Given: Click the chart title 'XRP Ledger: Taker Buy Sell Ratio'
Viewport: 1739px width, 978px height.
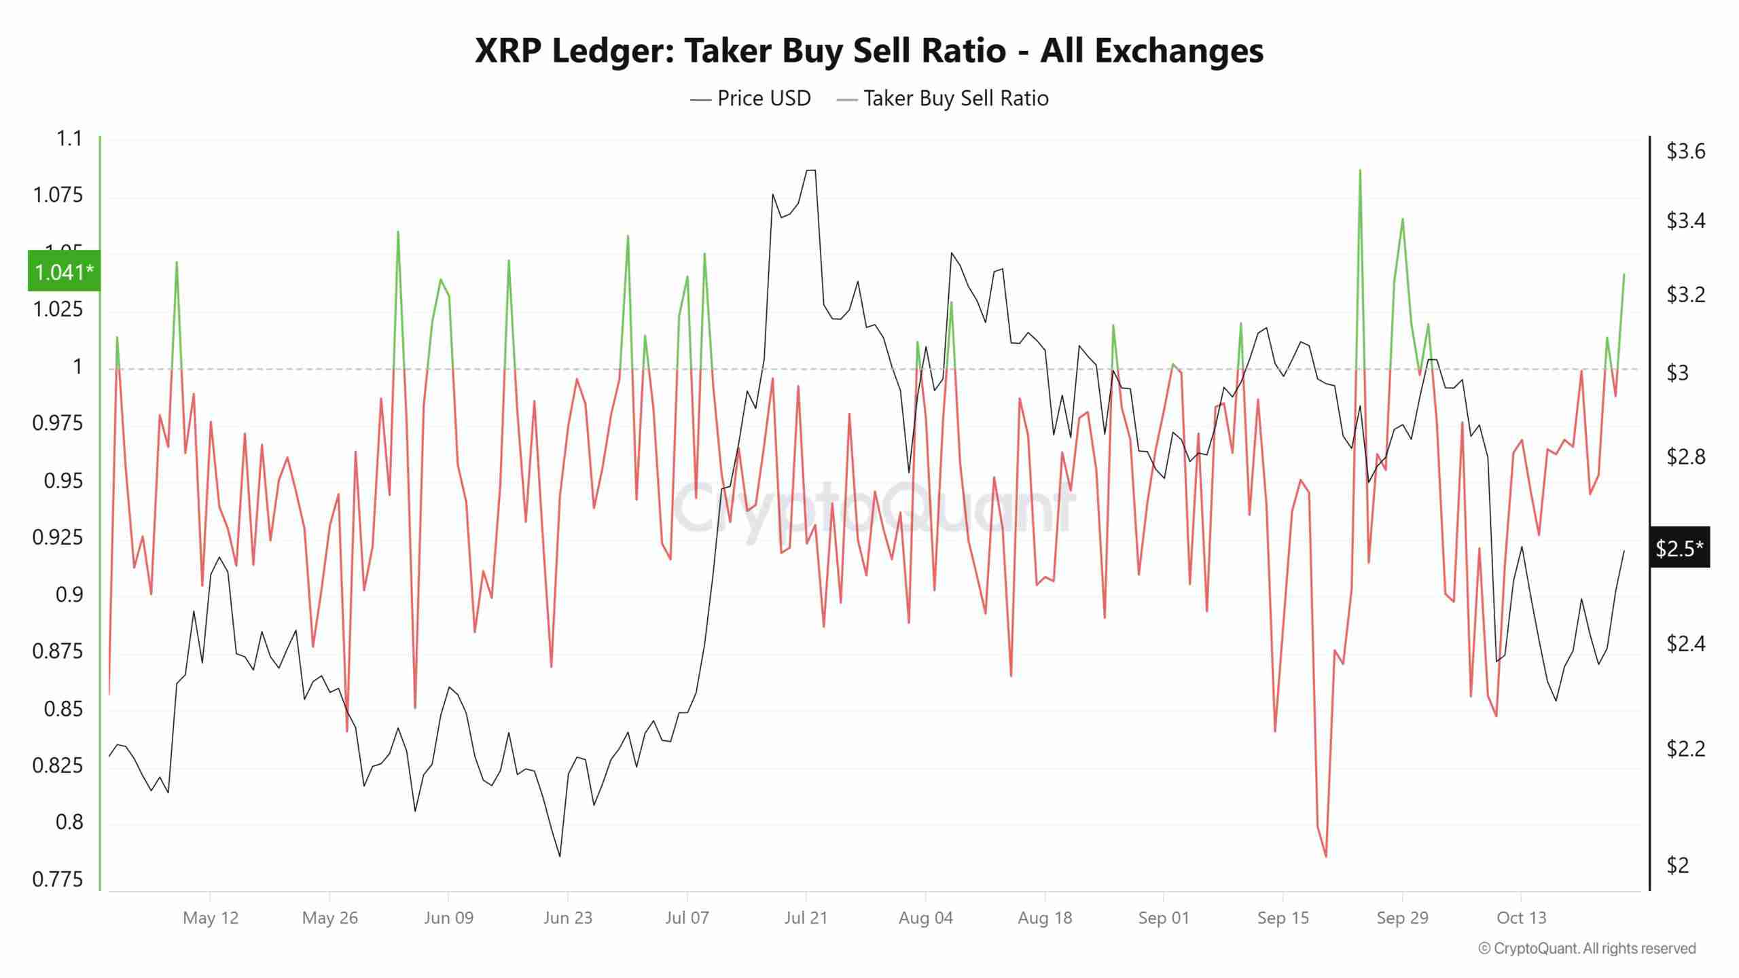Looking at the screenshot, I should pyautogui.click(x=869, y=51).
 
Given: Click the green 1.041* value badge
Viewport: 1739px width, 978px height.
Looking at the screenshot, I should pyautogui.click(x=64, y=272).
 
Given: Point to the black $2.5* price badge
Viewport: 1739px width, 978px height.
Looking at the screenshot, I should pyautogui.click(x=1679, y=547).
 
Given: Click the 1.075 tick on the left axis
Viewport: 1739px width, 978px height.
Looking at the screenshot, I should pyautogui.click(x=58, y=196).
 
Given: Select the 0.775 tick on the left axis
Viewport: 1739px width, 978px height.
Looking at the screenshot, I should pyautogui.click(x=58, y=880).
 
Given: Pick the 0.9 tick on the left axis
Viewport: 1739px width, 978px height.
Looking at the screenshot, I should pyautogui.click(x=69, y=595).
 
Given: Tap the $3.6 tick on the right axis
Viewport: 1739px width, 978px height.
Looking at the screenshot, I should pyautogui.click(x=1685, y=151).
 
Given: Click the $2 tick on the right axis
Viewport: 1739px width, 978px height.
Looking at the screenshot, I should pyautogui.click(x=1677, y=865).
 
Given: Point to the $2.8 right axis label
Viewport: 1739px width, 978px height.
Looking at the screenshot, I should pyautogui.click(x=1685, y=456).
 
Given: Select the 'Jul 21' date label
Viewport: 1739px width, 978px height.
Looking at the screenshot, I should pyautogui.click(x=806, y=918).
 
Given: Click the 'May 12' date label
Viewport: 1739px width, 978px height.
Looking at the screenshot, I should pyautogui.click(x=211, y=918).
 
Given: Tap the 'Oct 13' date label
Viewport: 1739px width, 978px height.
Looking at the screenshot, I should pyautogui.click(x=1521, y=918).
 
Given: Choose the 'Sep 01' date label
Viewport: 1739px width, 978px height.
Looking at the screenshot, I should pyautogui.click(x=1164, y=918).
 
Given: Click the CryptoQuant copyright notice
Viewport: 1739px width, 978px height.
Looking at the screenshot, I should pyautogui.click(x=1587, y=948).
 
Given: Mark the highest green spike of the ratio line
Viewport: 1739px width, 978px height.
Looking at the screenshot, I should pyautogui.click(x=1359, y=170).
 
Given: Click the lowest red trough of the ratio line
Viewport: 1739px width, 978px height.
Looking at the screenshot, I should pyautogui.click(x=1325, y=856).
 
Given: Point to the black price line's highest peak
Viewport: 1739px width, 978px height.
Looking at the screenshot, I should pyautogui.click(x=810, y=170).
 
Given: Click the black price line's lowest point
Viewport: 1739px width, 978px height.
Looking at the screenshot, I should pyautogui.click(x=560, y=856).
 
